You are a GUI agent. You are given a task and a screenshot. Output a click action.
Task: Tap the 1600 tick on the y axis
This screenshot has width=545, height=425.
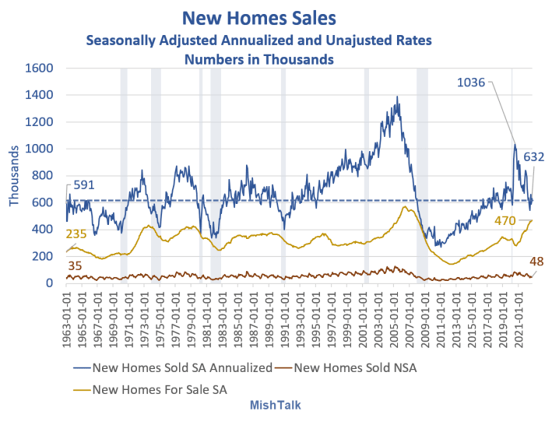40,68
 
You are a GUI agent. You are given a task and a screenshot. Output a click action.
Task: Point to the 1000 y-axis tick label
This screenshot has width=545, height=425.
40,149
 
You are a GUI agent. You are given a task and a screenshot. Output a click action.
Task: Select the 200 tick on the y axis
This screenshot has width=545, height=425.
44,256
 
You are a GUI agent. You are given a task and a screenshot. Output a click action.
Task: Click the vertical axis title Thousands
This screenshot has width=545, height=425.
15,175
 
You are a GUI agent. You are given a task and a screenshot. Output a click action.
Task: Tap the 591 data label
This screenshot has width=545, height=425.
85,185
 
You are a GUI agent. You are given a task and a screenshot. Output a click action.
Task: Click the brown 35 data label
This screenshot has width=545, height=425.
76,265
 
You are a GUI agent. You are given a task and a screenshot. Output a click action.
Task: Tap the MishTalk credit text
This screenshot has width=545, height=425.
275,406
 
